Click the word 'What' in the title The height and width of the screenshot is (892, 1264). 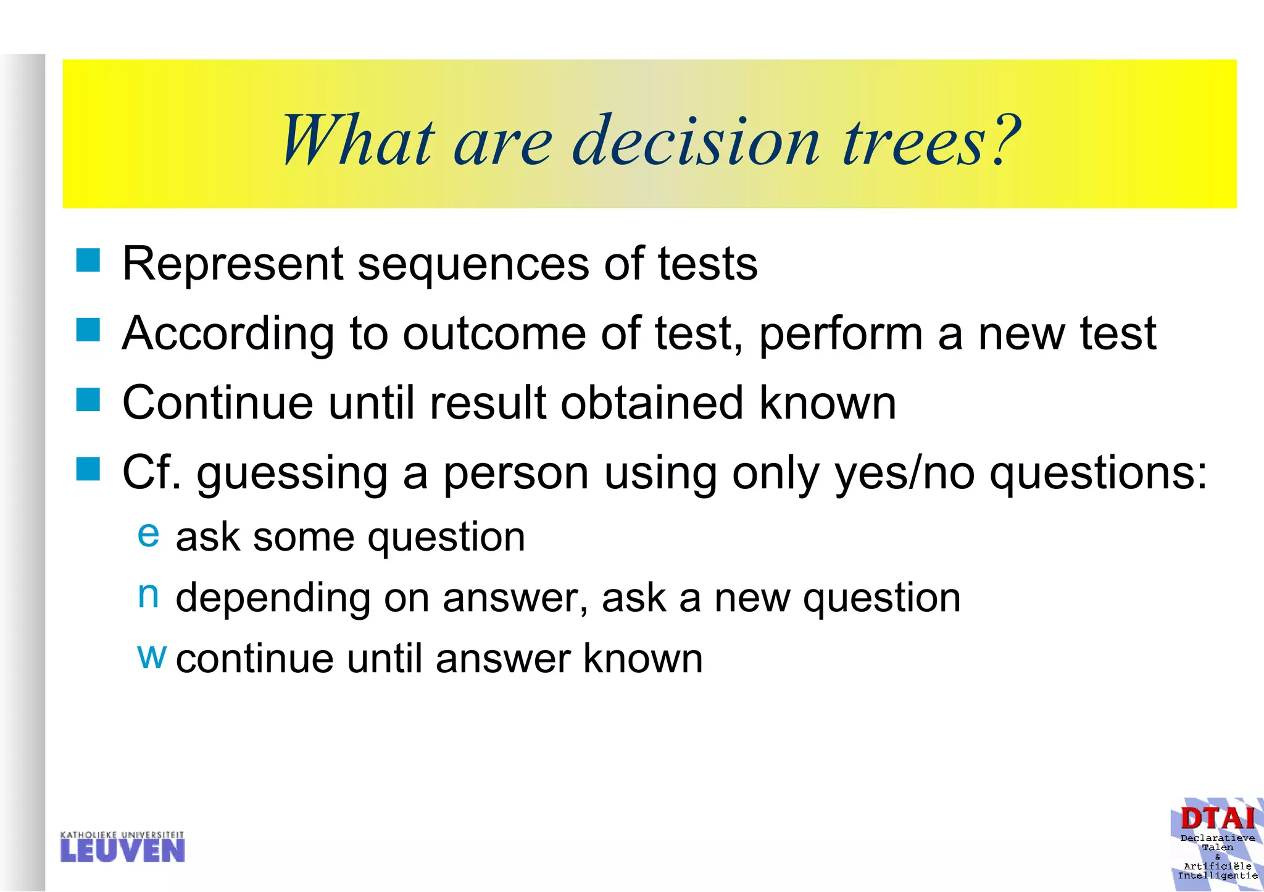(x=358, y=141)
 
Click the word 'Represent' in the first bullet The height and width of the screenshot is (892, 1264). (x=232, y=264)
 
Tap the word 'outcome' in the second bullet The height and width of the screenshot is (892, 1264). (x=494, y=334)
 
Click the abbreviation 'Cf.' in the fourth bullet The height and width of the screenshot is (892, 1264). (x=152, y=473)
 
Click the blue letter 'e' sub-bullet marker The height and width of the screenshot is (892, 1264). (x=148, y=533)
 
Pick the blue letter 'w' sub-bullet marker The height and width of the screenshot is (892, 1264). (x=151, y=656)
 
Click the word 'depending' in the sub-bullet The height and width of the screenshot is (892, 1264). (x=272, y=599)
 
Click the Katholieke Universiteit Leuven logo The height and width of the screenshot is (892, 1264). (x=122, y=847)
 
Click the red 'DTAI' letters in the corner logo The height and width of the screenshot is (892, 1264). (x=1217, y=819)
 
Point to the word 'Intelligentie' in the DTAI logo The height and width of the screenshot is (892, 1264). (x=1217, y=876)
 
